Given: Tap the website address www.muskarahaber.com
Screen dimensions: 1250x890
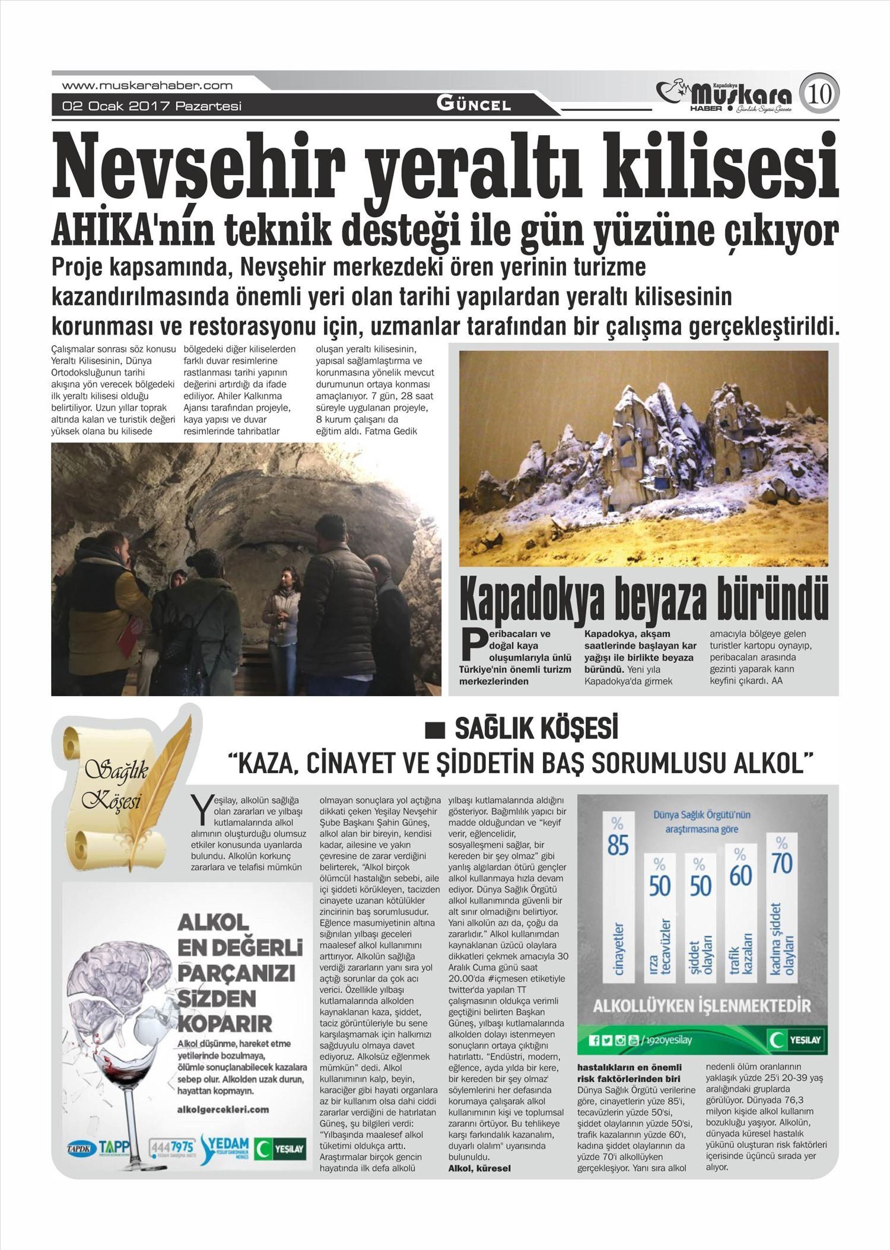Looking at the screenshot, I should (x=147, y=85).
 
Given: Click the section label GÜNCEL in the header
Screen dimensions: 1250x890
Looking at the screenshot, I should (x=473, y=105).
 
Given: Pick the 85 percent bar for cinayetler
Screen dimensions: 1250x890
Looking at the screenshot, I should (x=618, y=896).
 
